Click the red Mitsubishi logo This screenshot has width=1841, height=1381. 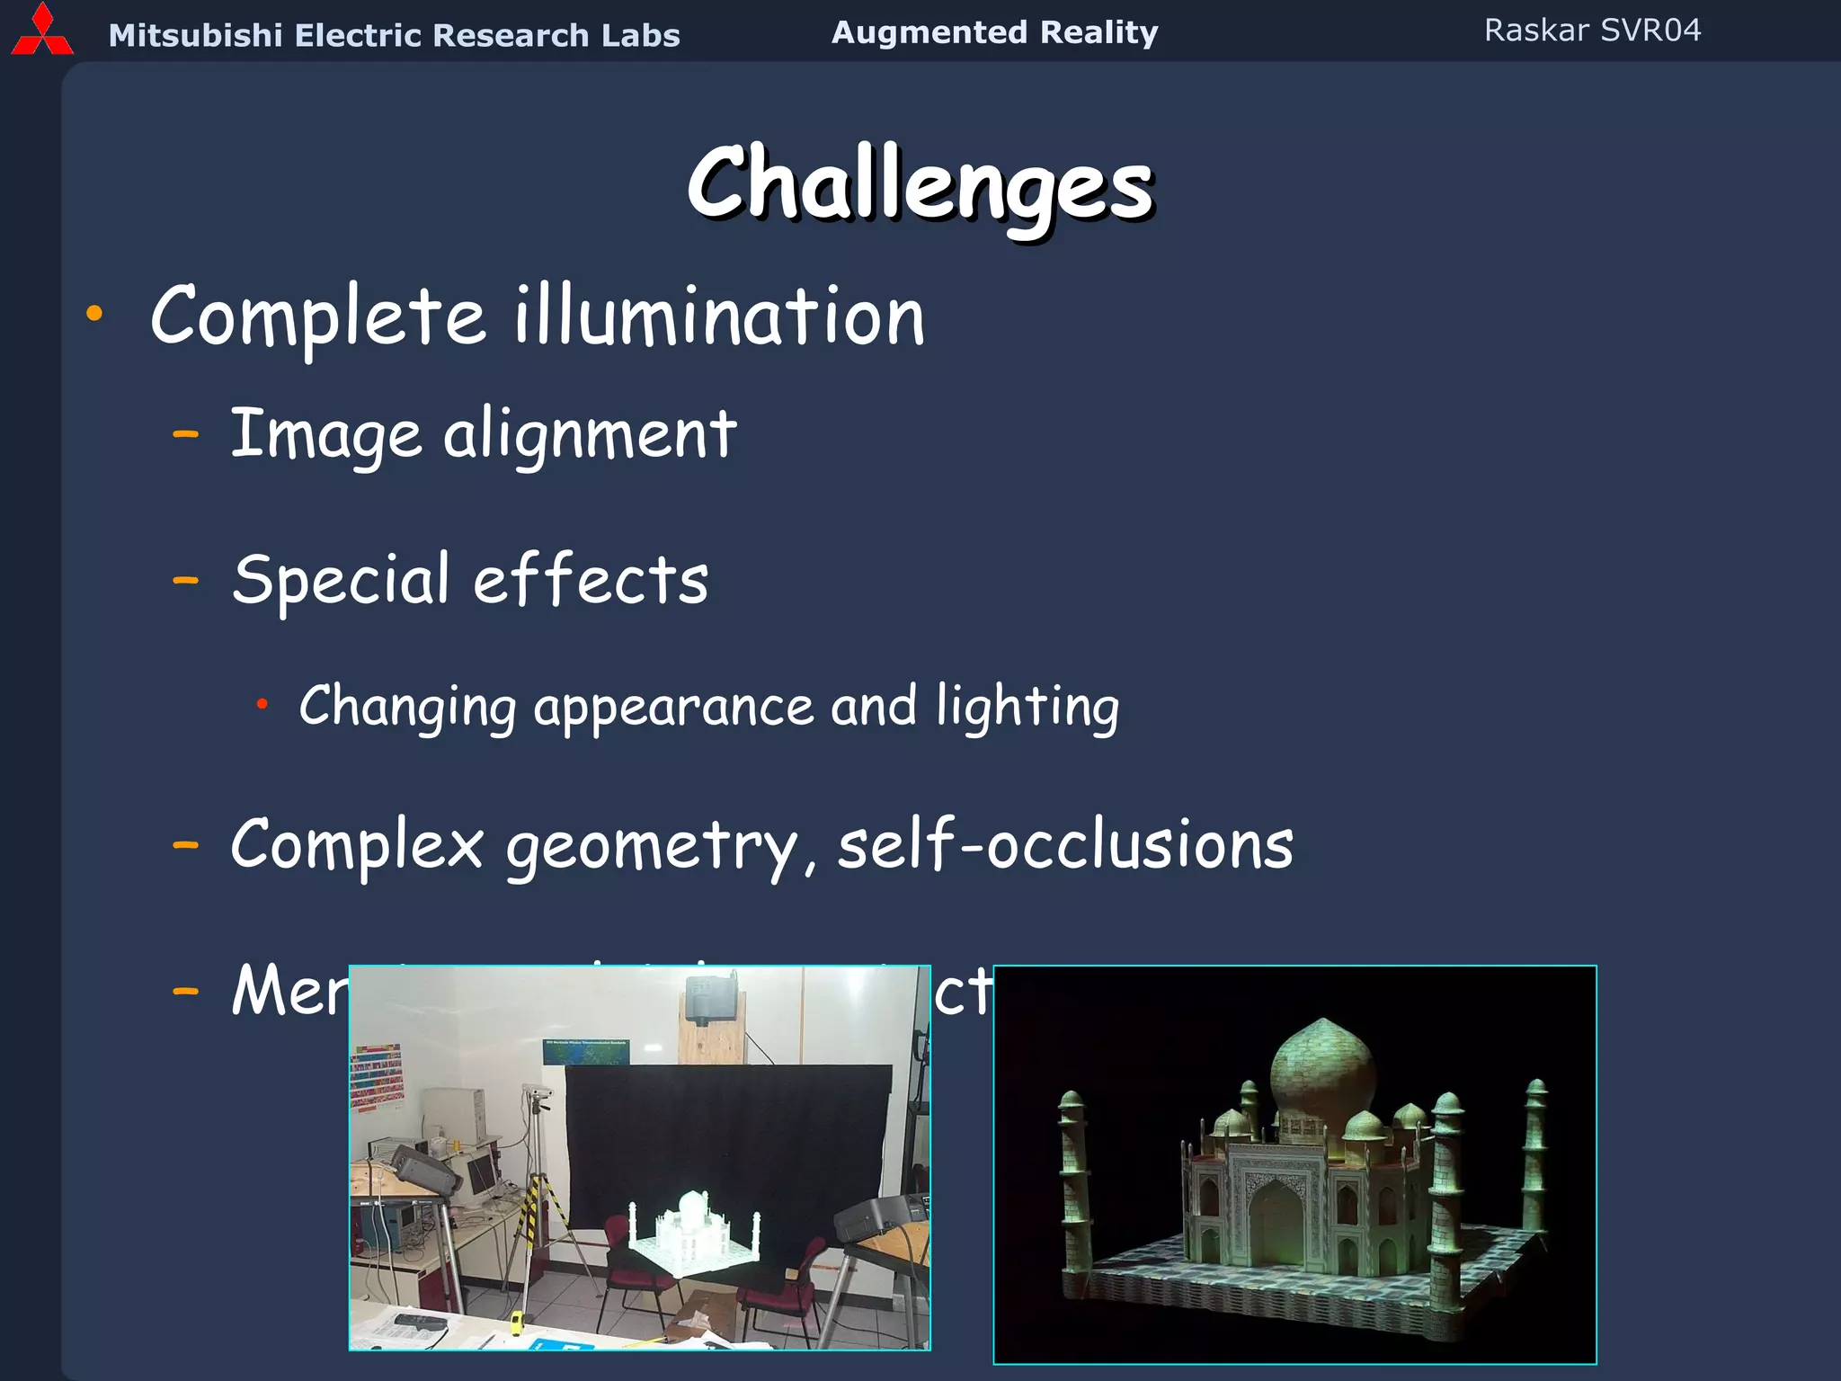click(41, 32)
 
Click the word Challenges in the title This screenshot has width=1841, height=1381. click(920, 184)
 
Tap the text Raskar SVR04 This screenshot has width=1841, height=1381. click(1592, 31)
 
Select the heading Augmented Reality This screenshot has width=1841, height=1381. click(994, 32)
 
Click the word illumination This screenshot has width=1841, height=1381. click(719, 316)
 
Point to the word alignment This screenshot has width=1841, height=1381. click(590, 435)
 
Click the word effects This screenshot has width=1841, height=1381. click(591, 580)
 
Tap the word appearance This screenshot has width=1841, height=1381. click(673, 707)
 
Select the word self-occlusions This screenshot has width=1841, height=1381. click(1065, 845)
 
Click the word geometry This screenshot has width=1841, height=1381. click(651, 847)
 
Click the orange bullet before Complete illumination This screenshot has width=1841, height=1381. click(94, 314)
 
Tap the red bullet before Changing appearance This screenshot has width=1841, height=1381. click(262, 704)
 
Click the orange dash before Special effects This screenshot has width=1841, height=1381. click(185, 581)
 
